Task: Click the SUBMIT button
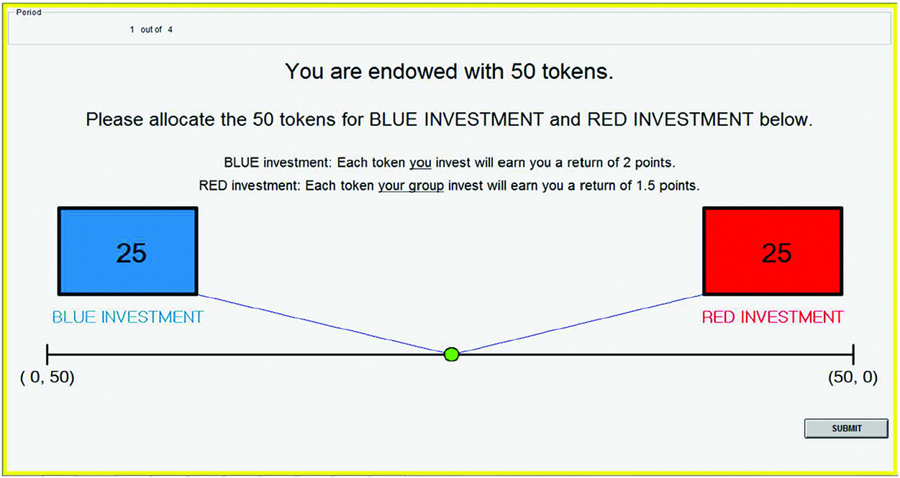click(x=846, y=428)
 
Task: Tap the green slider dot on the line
click(x=452, y=354)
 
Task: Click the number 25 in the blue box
click(x=131, y=253)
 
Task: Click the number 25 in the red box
click(x=776, y=253)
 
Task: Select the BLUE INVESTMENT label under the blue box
click(x=127, y=317)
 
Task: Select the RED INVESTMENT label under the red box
click(x=772, y=317)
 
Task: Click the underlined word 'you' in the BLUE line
click(x=420, y=163)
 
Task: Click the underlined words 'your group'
click(x=412, y=186)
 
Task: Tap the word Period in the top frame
click(x=29, y=13)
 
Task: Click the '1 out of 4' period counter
click(x=151, y=30)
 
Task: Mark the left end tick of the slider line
click(x=47, y=354)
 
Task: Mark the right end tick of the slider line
click(x=853, y=354)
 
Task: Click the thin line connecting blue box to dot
click(x=324, y=324)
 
